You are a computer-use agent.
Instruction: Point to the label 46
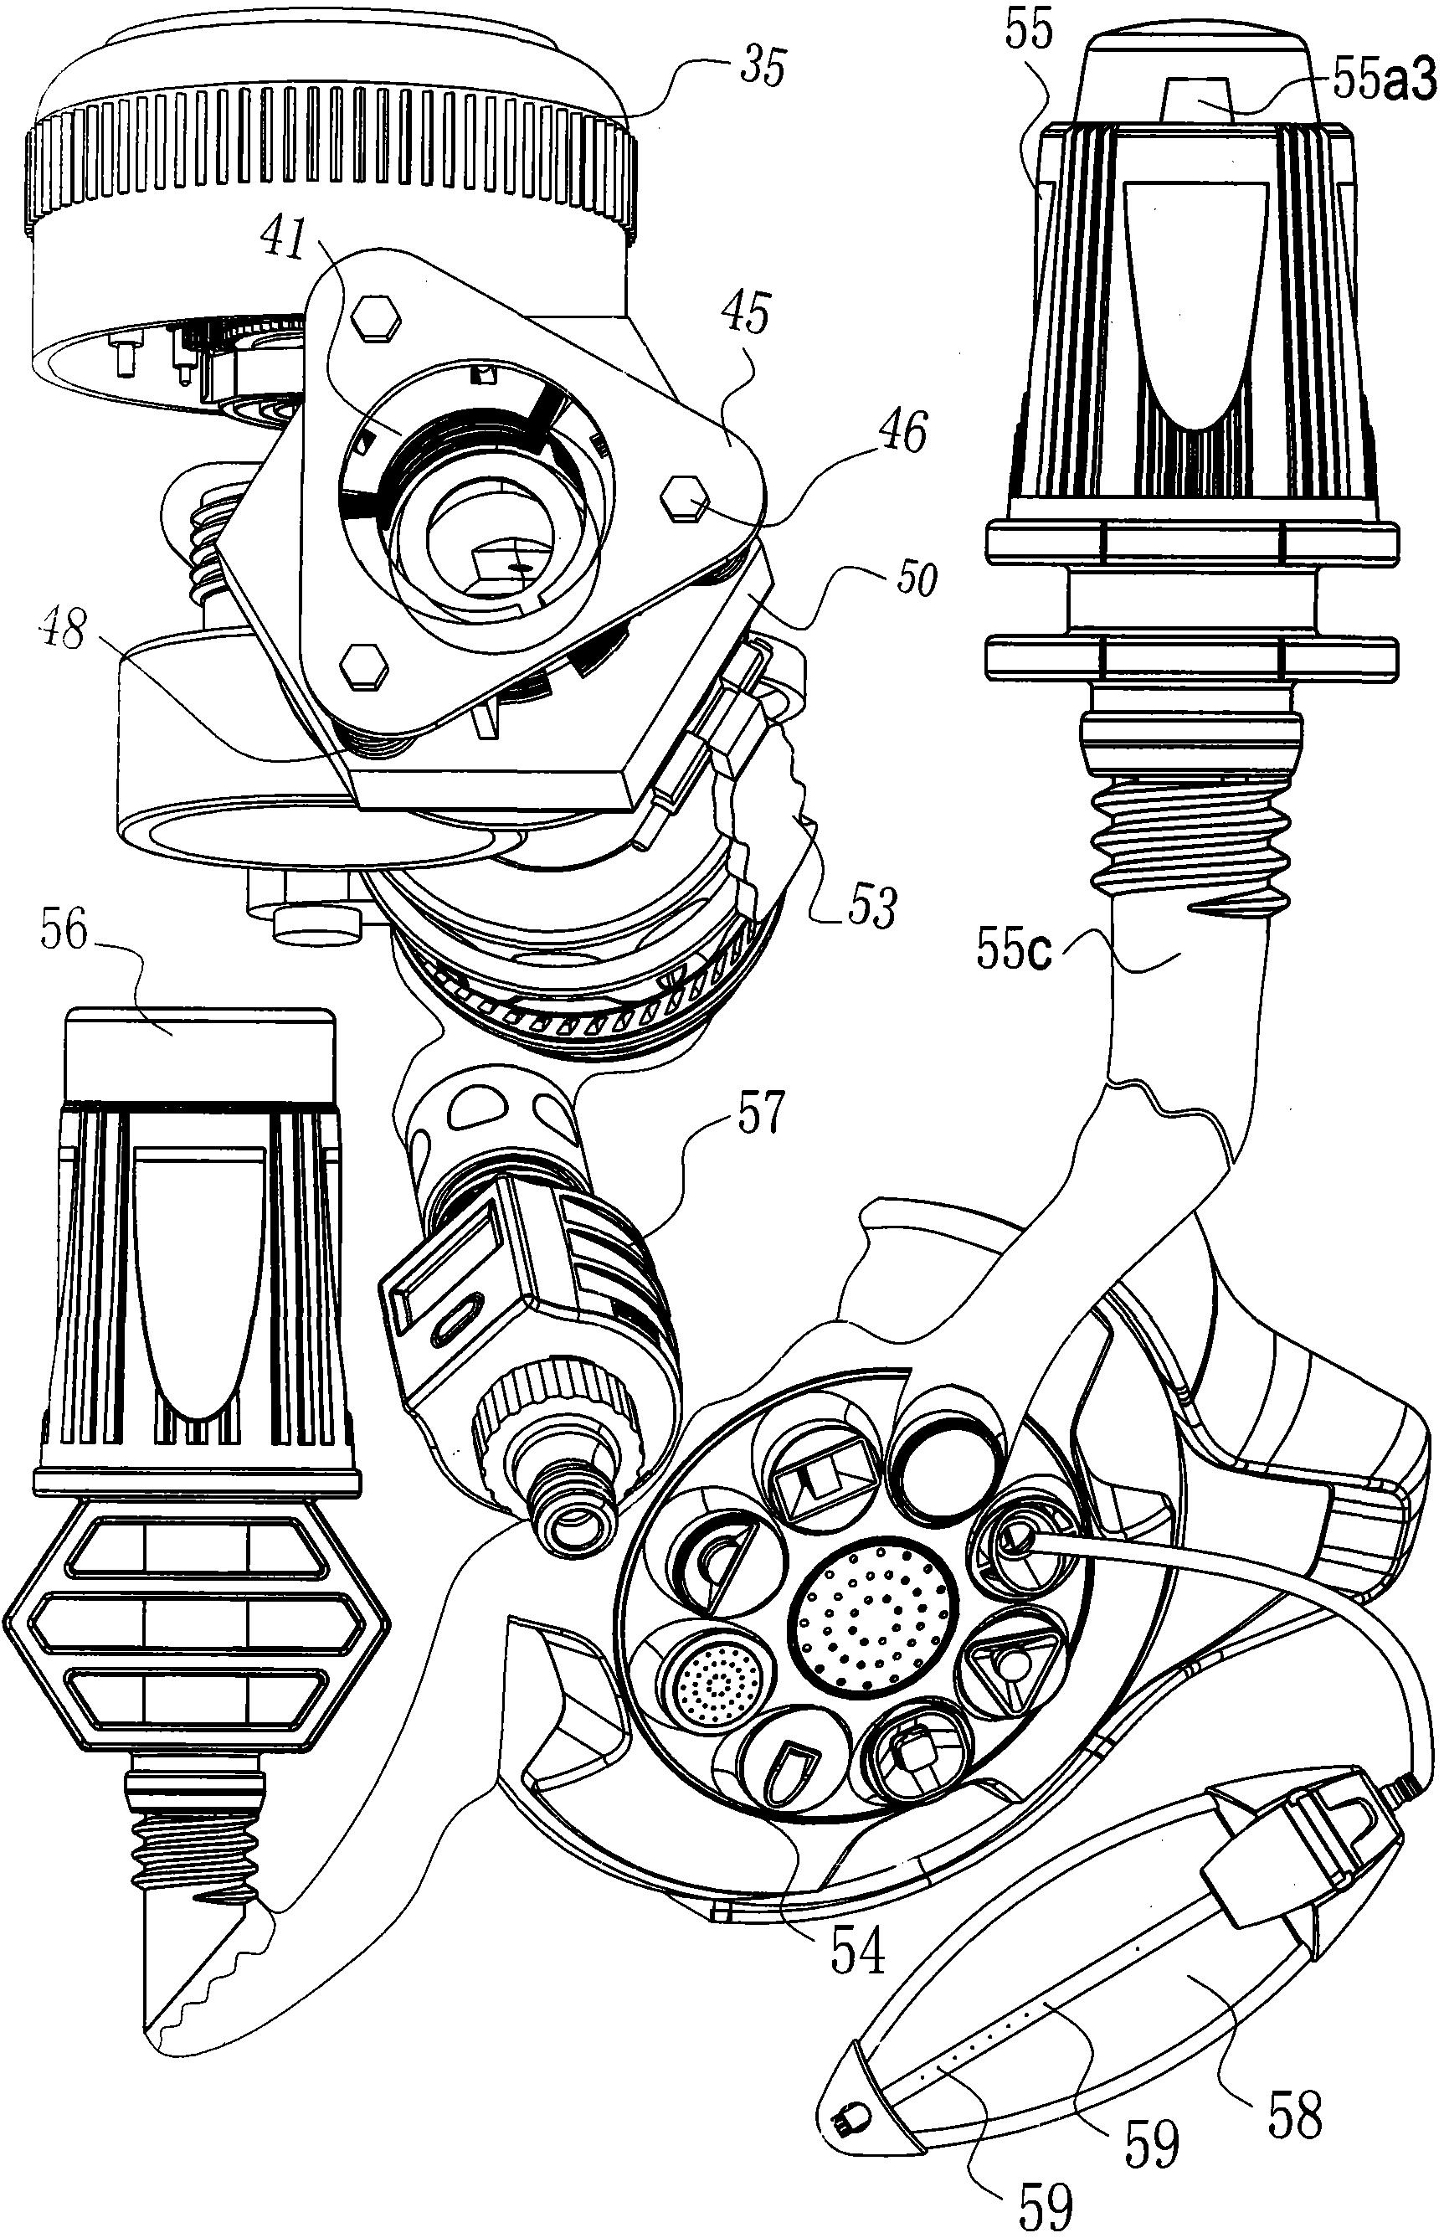(901, 431)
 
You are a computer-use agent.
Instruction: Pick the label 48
(64, 630)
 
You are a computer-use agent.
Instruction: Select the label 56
(63, 933)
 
